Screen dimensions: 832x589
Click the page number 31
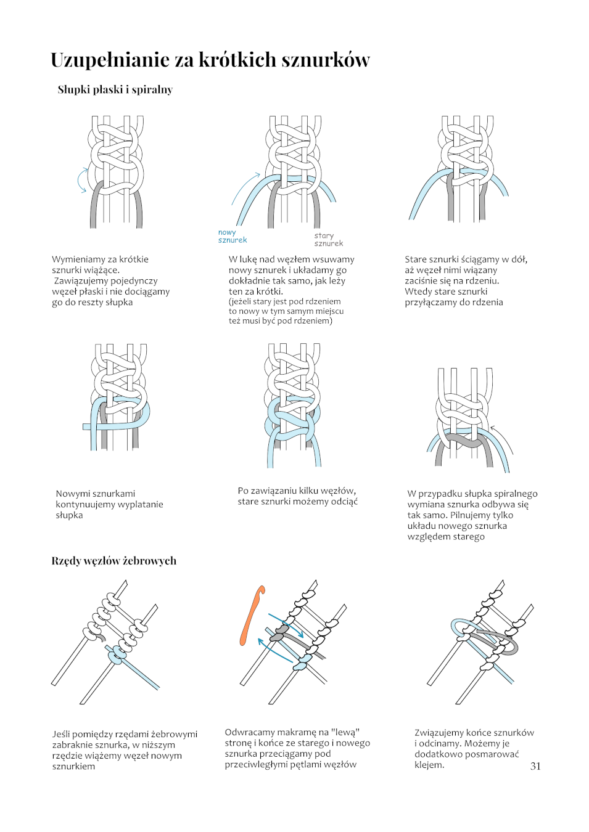coord(535,766)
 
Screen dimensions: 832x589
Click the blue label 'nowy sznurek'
coord(232,236)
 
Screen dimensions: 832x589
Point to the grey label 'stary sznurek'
coord(328,239)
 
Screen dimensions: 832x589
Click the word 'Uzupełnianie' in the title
coord(110,60)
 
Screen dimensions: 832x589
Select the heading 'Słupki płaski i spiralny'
coord(115,89)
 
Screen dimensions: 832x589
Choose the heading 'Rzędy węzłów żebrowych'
coord(113,561)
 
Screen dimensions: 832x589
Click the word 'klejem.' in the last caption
coord(429,765)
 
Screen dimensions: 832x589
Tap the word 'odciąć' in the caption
coord(344,502)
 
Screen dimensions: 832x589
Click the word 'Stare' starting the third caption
coord(416,259)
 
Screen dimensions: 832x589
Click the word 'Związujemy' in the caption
coord(440,733)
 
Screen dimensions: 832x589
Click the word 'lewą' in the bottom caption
coord(345,732)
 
